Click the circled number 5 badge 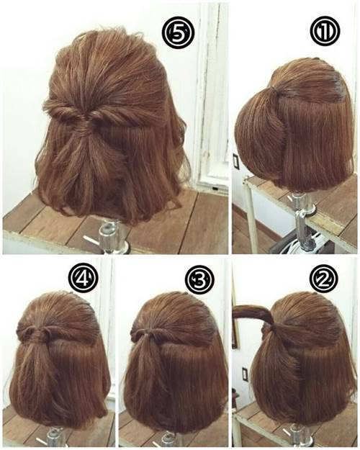point(178,34)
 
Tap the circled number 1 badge point(325,31)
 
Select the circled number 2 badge point(324,277)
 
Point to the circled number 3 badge point(199,279)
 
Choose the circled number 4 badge point(84,279)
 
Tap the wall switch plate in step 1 point(235,162)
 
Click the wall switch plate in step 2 point(245,374)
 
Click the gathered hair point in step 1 point(274,91)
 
